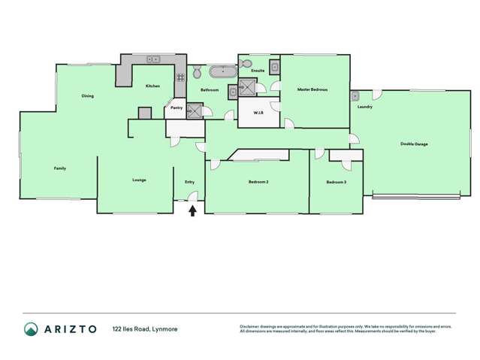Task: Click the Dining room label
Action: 88,96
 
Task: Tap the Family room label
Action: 59,168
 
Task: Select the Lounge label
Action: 139,180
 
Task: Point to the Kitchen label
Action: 152,86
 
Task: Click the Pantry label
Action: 177,107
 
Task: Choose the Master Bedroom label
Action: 312,89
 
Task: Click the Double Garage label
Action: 414,144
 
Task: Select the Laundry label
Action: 365,107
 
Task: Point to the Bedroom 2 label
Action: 258,182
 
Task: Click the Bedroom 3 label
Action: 336,182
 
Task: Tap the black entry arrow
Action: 192,211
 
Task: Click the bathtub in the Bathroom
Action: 222,73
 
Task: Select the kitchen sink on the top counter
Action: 152,59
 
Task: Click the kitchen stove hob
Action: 180,77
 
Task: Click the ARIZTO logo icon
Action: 31,329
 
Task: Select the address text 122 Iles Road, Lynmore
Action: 145,329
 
